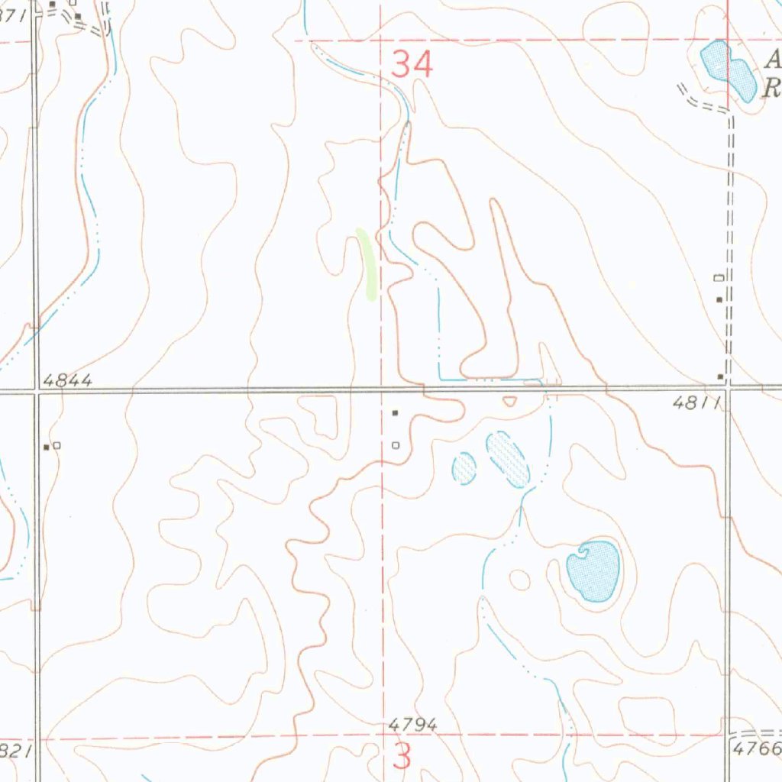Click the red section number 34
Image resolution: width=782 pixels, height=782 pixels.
coord(412,64)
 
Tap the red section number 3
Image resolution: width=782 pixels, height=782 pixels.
coord(402,756)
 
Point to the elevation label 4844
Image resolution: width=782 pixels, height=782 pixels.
coord(68,380)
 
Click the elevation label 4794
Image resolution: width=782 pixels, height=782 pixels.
coord(412,723)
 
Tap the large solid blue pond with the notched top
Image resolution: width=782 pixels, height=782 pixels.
coord(593,570)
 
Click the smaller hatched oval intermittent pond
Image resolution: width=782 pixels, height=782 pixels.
coord(464,467)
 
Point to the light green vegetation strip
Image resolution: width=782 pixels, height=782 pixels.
coord(367,263)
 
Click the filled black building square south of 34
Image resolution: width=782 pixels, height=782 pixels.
coord(395,413)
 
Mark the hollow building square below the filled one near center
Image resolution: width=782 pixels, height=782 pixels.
coord(395,444)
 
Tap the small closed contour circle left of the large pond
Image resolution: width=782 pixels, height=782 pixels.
coord(519,580)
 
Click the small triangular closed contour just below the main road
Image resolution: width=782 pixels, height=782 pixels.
coord(509,401)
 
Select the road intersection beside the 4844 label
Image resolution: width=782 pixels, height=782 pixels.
coord(36,390)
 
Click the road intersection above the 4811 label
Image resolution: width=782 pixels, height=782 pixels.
coord(728,387)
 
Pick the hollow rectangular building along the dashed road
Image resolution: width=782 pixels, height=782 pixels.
coord(718,276)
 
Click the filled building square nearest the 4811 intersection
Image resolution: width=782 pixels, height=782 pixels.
coord(719,376)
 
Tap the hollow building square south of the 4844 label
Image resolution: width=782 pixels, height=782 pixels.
coord(57,445)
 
